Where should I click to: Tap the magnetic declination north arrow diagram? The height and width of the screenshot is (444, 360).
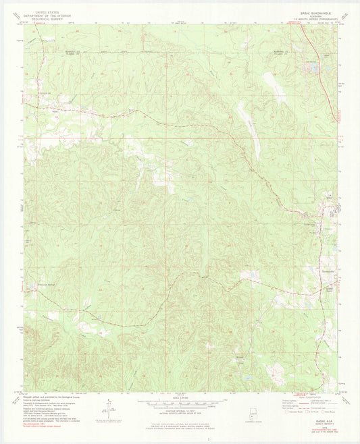tap(107, 409)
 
